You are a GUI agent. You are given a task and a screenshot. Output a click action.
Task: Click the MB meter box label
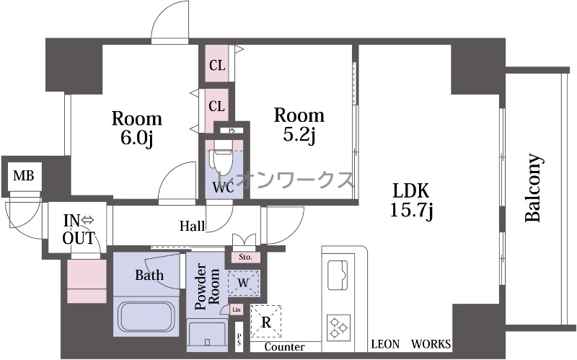coord(24,175)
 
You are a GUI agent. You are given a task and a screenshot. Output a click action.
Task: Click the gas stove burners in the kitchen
coord(338,327)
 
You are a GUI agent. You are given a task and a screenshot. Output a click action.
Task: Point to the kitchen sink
coord(338,273)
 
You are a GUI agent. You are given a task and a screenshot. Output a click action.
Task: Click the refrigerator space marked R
coord(266,322)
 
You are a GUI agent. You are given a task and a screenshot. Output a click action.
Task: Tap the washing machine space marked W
coord(243,283)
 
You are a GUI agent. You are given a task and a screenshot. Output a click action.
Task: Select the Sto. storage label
coord(245,257)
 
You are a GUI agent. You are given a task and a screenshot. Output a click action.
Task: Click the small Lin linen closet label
coord(237,310)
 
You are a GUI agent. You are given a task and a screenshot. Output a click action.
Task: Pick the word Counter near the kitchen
coord(284,347)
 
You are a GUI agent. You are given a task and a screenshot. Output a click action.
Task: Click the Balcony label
coord(533,188)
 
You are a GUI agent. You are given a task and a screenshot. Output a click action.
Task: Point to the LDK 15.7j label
coord(411,201)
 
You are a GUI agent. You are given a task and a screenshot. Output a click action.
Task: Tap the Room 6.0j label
coord(137,128)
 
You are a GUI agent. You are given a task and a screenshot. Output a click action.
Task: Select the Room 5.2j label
coord(299,125)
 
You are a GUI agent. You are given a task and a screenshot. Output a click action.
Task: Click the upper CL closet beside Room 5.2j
coord(217,66)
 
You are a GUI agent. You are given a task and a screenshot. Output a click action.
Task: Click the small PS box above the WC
coord(232,131)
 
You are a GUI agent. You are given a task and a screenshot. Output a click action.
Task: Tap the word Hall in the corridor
coord(192,226)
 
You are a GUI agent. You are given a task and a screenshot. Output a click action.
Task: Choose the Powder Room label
coord(207,286)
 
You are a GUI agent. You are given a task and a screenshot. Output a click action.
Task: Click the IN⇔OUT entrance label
coord(79,229)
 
